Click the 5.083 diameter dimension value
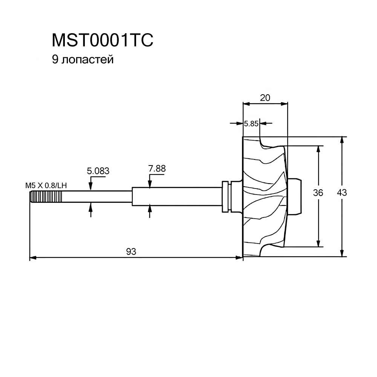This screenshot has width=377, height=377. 98,171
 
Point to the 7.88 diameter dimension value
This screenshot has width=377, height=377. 157,169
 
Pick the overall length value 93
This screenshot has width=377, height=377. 131,251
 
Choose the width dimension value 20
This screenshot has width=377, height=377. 265,98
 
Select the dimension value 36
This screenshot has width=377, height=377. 319,193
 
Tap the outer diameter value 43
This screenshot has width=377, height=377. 342,193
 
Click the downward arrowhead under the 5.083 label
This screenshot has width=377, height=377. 90,186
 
